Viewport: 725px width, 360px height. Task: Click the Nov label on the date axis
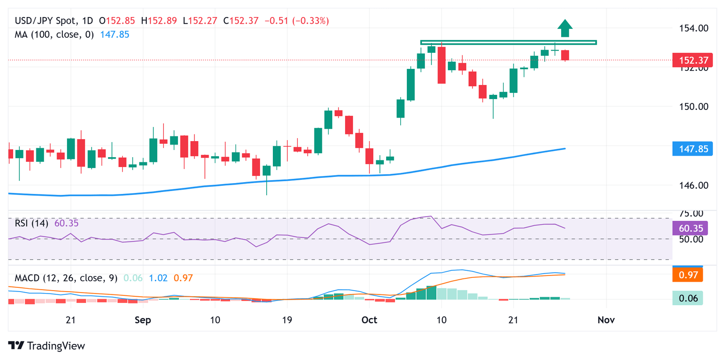click(606, 320)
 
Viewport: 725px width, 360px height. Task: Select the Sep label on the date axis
click(143, 320)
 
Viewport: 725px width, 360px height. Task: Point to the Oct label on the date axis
click(369, 320)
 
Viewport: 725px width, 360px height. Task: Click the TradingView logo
click(47, 345)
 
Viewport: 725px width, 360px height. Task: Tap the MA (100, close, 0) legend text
click(54, 34)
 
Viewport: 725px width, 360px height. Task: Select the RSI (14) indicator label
click(31, 223)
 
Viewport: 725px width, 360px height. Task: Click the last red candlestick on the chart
click(565, 55)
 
